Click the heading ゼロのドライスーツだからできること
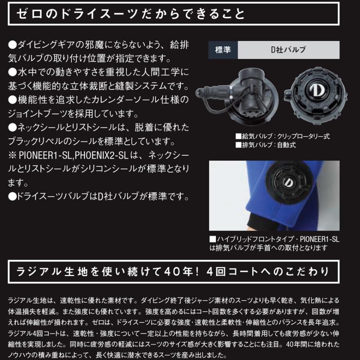(130, 15)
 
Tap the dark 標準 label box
(223, 50)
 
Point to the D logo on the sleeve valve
(288, 182)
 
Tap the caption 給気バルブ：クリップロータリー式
(283, 136)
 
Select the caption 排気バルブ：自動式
(266, 145)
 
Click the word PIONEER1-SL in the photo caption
(320, 240)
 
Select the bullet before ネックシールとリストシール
(12, 128)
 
